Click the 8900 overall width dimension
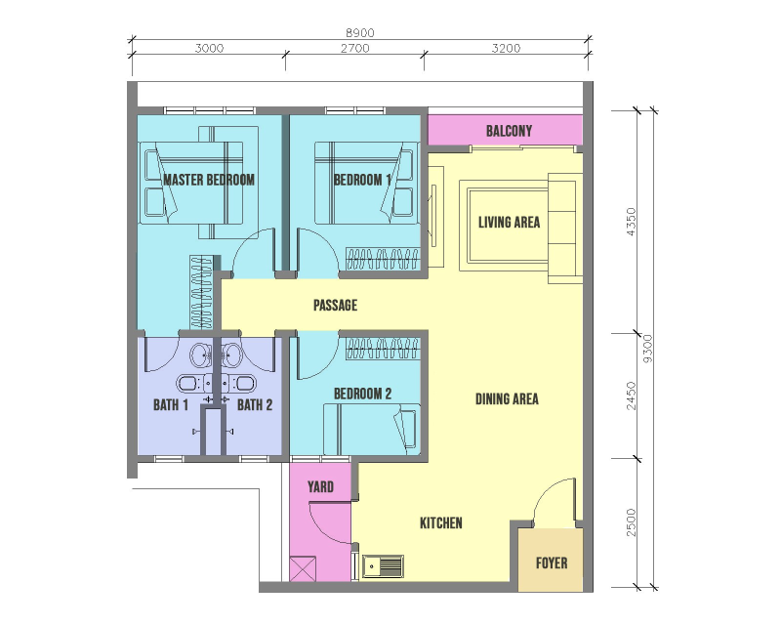click(x=359, y=33)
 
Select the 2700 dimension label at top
click(x=354, y=49)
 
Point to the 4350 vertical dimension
click(x=631, y=222)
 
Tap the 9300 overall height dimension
click(x=647, y=349)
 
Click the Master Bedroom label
click(x=209, y=180)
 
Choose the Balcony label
click(x=509, y=131)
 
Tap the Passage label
click(x=335, y=305)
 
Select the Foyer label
click(x=552, y=563)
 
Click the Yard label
click(x=320, y=487)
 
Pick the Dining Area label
click(x=507, y=399)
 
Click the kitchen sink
click(x=383, y=566)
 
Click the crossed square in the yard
click(x=303, y=568)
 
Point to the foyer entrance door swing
click(x=554, y=500)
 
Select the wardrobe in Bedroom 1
click(x=383, y=259)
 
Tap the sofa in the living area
click(x=565, y=229)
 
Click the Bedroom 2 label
click(x=362, y=395)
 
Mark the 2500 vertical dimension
click(x=631, y=522)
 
